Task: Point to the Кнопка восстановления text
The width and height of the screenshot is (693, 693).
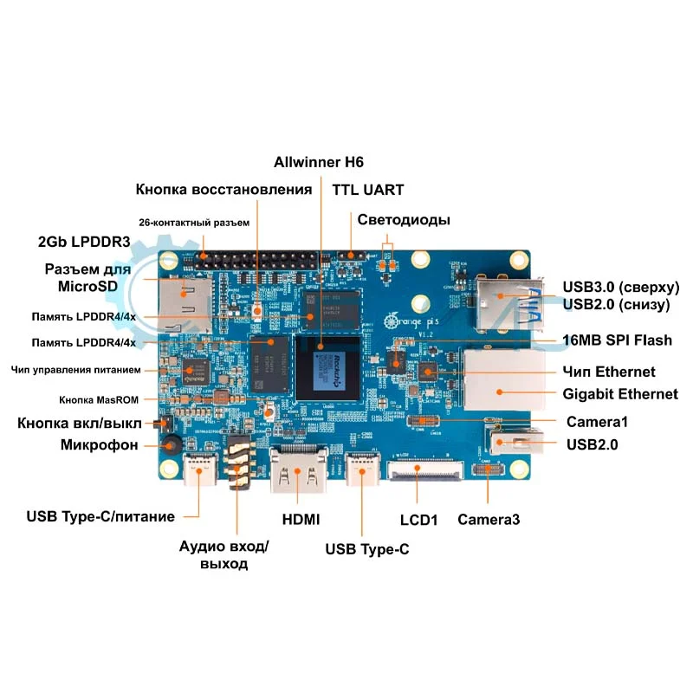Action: point(223,190)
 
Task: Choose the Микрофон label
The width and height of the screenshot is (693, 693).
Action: point(100,444)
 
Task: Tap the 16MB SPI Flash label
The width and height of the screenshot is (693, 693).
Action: point(617,340)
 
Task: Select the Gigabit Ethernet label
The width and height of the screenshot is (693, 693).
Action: point(620,394)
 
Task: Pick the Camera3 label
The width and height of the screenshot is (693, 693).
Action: point(489,520)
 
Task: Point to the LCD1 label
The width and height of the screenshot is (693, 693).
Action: point(418,520)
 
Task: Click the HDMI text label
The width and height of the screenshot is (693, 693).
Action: point(301,520)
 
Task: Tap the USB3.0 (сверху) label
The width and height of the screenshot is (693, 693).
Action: point(620,288)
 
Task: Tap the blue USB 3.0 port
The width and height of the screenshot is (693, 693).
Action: point(507,301)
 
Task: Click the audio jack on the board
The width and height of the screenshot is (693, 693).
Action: point(239,469)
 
